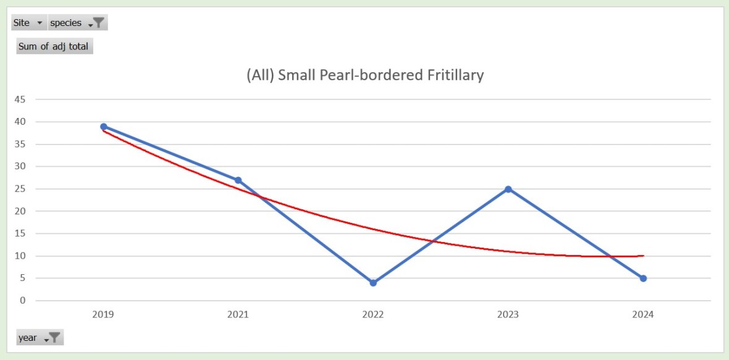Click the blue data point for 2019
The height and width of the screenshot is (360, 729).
pos(104,127)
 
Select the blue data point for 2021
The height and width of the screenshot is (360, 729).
pos(238,180)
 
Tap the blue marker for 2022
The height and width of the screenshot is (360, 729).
pos(373,283)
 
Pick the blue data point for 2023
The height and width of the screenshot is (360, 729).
pos(508,189)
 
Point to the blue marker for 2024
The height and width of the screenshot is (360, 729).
pos(643,278)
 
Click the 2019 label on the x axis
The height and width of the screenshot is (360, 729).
pos(103,315)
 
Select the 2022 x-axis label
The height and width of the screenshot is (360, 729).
pos(373,315)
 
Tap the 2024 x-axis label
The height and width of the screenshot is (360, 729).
pos(643,315)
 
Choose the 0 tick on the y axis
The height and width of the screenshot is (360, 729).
pos(23,301)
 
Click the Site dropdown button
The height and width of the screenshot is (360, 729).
pos(29,23)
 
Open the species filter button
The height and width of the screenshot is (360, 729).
pos(78,23)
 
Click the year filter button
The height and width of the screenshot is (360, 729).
pos(40,338)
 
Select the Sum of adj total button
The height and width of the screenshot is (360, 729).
pos(54,46)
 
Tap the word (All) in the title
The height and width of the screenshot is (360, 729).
pos(260,75)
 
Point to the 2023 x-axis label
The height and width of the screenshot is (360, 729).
pos(508,315)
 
